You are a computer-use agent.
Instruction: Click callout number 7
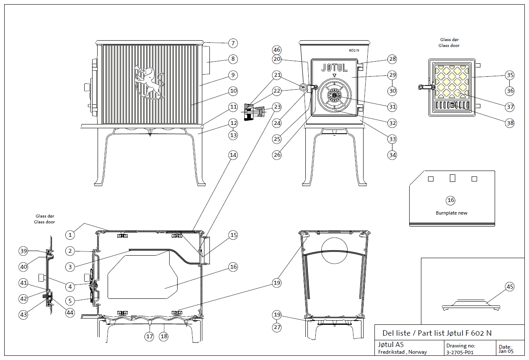(233, 43)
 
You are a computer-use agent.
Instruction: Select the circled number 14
(233, 155)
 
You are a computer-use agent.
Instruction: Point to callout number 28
(392, 59)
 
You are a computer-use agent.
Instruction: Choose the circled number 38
(510, 123)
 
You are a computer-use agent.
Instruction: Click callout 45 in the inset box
(510, 287)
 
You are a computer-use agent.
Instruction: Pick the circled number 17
(150, 336)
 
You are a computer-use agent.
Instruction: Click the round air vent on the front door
(334, 95)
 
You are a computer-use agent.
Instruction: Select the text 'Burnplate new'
(452, 213)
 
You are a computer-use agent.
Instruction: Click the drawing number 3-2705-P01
(460, 352)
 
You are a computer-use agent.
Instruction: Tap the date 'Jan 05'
(506, 352)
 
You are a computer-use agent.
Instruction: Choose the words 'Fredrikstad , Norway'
(403, 352)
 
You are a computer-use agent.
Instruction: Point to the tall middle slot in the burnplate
(452, 178)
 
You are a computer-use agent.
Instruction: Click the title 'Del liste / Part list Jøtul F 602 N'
(437, 333)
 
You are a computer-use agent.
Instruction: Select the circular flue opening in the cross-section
(334, 251)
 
